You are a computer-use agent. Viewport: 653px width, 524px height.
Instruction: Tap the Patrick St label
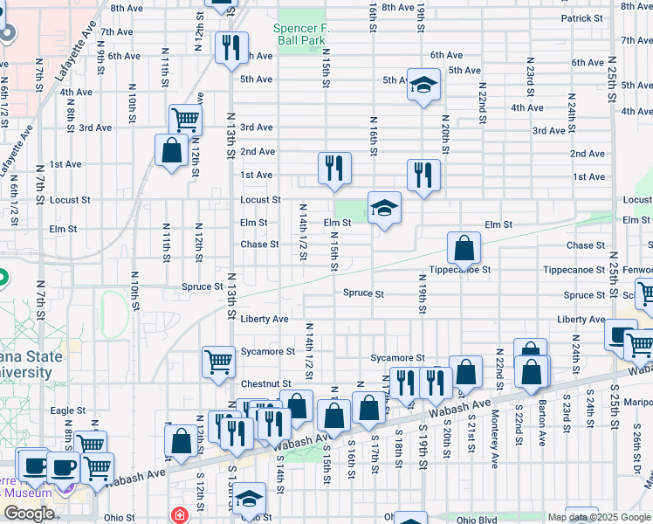[582, 18]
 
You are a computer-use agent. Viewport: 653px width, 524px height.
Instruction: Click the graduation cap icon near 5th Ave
[423, 86]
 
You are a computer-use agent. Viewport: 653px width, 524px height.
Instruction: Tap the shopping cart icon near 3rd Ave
[185, 120]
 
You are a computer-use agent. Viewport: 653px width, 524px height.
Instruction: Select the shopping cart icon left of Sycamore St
[218, 360]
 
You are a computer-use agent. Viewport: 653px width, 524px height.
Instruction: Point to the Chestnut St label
[265, 383]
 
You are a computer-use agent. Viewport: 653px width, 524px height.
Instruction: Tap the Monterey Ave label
[494, 427]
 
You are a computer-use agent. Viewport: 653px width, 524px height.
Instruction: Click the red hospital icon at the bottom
[180, 514]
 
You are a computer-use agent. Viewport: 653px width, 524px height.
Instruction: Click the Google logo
[28, 514]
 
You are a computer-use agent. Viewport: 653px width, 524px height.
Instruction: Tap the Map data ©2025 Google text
[599, 517]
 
